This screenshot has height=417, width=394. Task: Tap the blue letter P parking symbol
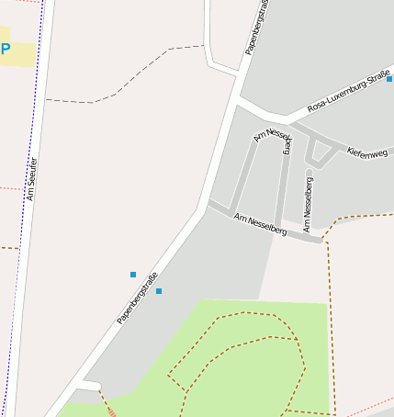(5, 50)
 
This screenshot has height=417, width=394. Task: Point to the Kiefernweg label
(367, 152)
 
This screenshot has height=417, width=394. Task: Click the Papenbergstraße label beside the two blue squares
(138, 298)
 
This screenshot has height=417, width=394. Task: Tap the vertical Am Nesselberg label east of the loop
(309, 203)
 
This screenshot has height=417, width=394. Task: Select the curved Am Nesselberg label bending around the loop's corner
(276, 140)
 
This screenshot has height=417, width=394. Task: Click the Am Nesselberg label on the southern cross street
(260, 224)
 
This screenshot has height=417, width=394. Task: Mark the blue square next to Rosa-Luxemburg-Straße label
(389, 79)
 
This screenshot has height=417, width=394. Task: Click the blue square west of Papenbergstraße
(133, 275)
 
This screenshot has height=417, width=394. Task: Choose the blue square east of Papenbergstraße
(159, 291)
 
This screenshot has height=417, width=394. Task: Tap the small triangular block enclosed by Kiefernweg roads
(322, 153)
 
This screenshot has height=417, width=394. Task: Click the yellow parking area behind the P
(20, 52)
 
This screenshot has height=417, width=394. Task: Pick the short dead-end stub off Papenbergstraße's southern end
(88, 383)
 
